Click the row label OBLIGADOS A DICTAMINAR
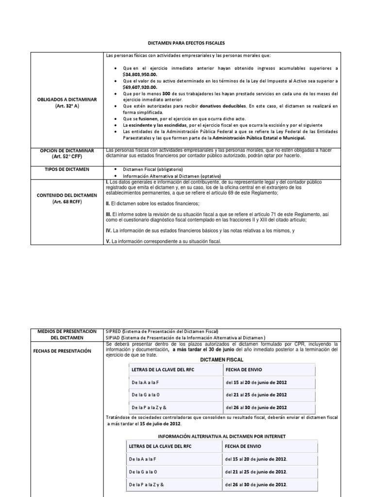[67, 99]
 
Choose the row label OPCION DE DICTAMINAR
[67, 150]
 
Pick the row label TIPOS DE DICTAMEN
[67, 168]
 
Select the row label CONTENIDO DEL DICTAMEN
[67, 195]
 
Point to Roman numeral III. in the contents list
[109, 214]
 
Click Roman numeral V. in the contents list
[108, 241]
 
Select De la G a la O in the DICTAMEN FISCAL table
[145, 395]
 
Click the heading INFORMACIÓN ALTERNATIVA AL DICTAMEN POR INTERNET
[221, 436]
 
